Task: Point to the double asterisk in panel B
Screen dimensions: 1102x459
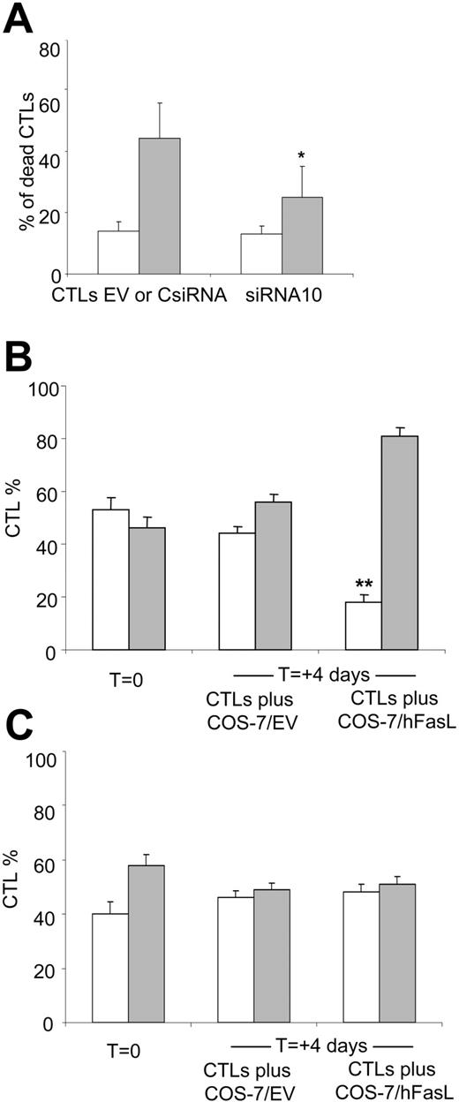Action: [x=363, y=585]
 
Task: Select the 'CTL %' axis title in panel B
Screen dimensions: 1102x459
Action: [x=15, y=517]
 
